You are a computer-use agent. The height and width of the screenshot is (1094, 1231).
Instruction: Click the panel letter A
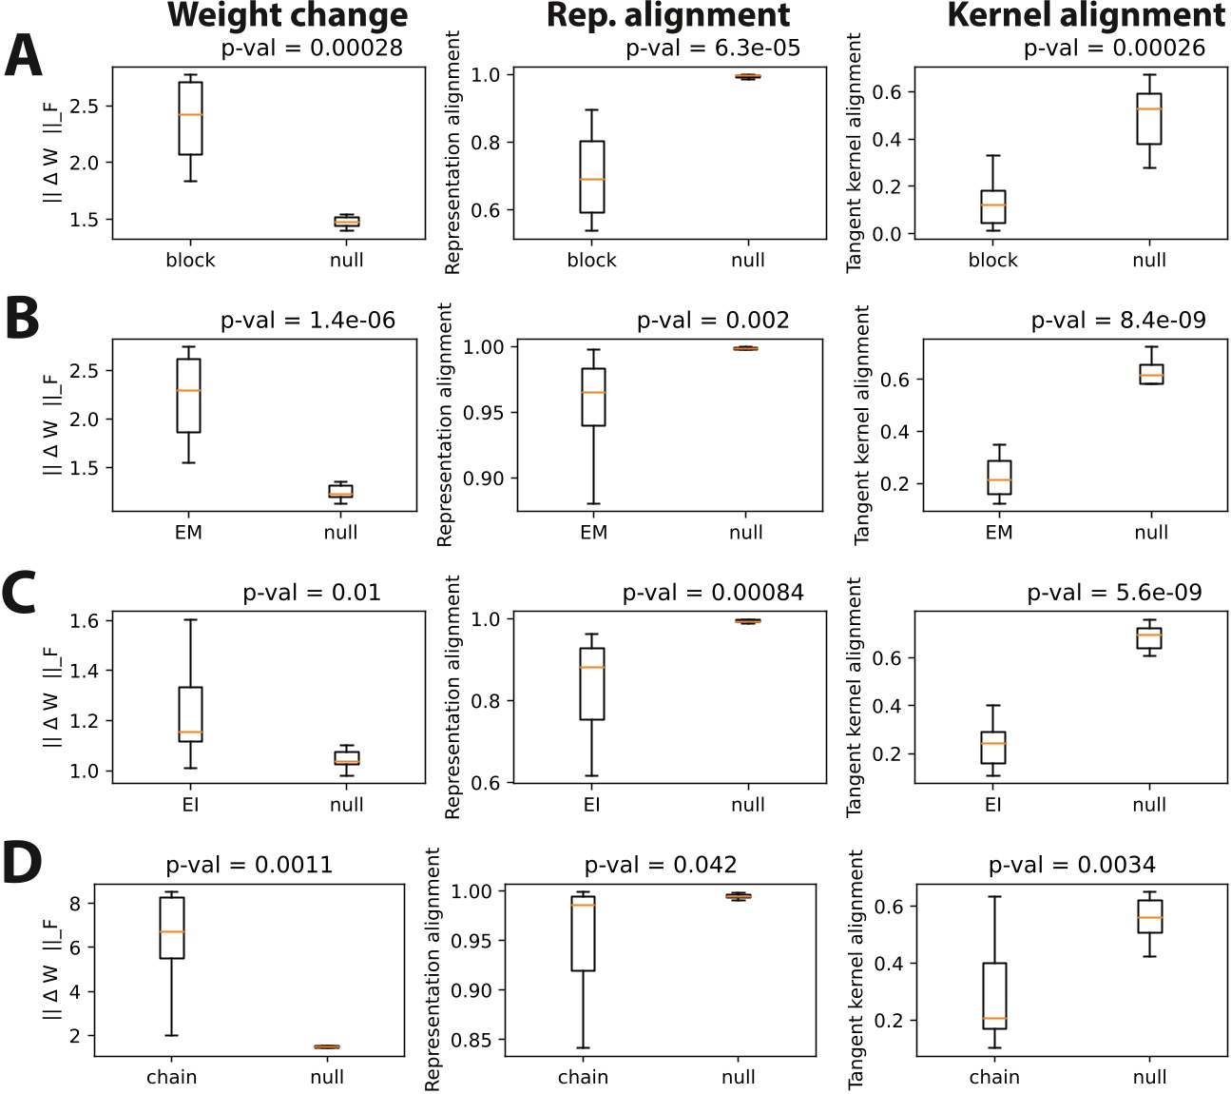(x=24, y=56)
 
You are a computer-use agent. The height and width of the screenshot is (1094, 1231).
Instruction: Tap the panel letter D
(x=22, y=862)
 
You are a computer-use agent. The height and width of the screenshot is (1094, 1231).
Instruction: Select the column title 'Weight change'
(x=287, y=15)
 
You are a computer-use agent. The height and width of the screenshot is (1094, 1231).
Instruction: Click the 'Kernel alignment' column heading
(x=1086, y=15)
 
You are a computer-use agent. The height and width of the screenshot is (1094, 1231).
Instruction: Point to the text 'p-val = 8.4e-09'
(x=1118, y=321)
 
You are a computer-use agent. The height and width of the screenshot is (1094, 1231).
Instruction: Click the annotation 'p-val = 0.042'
(x=660, y=865)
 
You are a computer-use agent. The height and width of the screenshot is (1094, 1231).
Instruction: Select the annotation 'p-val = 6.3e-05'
(x=713, y=49)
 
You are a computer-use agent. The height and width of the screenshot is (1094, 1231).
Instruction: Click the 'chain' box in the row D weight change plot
(x=172, y=928)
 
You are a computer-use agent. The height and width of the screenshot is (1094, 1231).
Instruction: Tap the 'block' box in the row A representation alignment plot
(x=592, y=177)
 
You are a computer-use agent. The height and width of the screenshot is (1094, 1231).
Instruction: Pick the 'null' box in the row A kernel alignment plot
(x=1149, y=119)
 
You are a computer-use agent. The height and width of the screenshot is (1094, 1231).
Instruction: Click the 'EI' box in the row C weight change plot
(x=190, y=713)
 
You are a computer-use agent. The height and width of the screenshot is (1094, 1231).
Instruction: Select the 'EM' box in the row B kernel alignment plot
(x=999, y=478)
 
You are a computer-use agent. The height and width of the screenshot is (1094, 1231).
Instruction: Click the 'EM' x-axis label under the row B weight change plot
(x=188, y=533)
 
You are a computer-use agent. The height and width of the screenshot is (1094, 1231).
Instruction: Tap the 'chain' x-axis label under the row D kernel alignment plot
(x=994, y=1077)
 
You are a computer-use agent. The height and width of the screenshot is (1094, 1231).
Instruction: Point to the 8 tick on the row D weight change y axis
(x=76, y=903)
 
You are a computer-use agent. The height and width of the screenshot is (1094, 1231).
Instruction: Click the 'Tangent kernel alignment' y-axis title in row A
(x=854, y=152)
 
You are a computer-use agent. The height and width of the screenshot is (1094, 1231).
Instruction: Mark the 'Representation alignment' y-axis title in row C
(x=452, y=696)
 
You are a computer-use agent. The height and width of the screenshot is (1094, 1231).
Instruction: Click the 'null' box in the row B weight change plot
(x=340, y=491)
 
